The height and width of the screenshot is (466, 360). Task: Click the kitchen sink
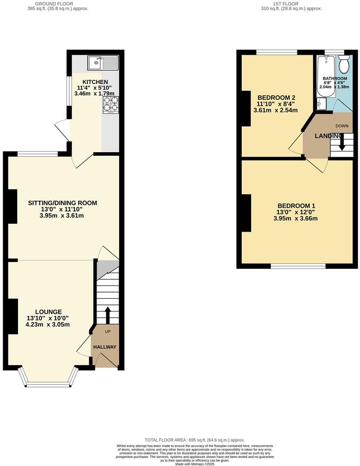point(103,63)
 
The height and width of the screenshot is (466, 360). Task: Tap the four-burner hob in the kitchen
point(111,104)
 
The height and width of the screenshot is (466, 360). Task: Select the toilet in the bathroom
point(344,65)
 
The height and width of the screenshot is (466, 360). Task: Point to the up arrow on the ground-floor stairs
point(107,315)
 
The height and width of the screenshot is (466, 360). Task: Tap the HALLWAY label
point(105,347)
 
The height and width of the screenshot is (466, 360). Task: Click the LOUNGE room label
point(49,312)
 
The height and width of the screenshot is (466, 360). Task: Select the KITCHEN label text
point(95,82)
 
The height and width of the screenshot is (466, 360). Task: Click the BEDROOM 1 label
point(296,206)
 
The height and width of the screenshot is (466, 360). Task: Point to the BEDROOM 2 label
point(276,98)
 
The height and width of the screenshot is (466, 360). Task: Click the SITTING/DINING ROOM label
point(62,203)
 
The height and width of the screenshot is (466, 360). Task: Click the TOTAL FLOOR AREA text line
point(195,440)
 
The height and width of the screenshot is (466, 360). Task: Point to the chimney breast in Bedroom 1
point(246,213)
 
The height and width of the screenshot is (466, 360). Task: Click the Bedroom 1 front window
point(298,266)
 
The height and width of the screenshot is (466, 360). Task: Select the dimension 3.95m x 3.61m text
point(62,216)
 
